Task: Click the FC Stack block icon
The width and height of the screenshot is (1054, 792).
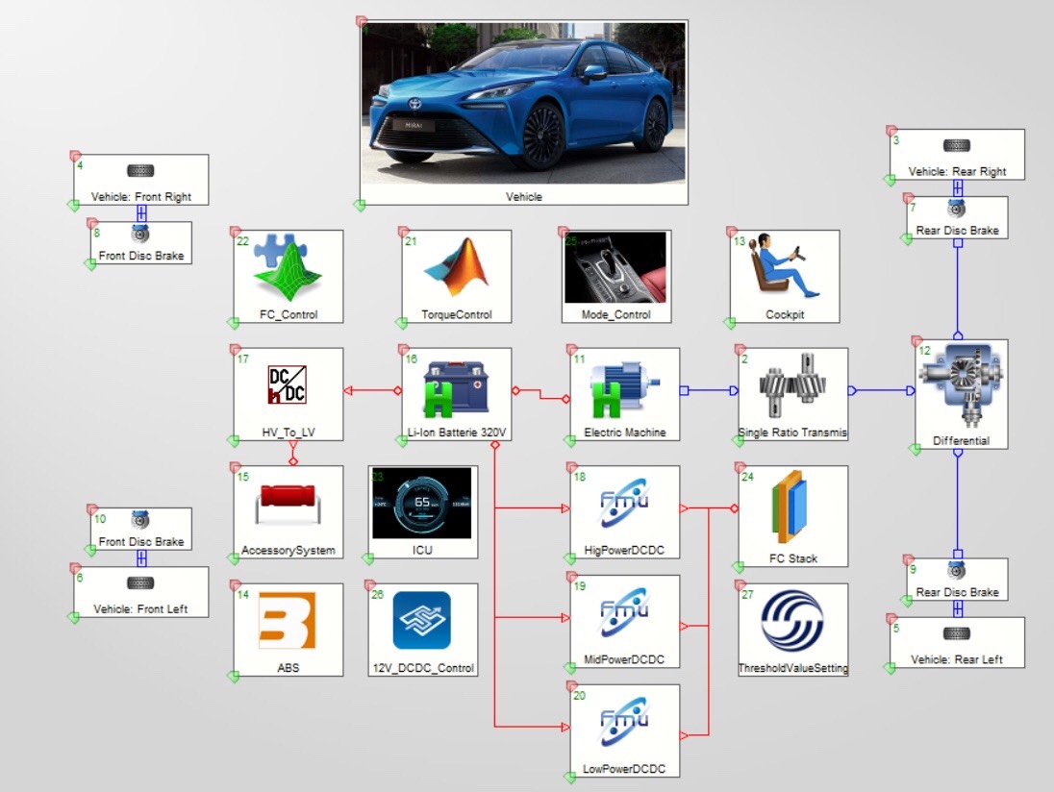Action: click(792, 508)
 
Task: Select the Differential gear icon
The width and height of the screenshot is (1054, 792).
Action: click(958, 389)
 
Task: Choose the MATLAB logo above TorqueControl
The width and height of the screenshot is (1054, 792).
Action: click(457, 268)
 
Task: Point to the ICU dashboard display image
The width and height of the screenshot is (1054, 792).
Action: click(422, 504)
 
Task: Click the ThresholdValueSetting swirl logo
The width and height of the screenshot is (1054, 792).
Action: click(792, 621)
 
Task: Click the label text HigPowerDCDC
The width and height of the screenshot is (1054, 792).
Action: click(624, 551)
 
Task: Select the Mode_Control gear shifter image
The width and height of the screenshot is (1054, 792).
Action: click(615, 266)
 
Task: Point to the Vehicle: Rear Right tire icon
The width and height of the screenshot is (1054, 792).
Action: click(956, 146)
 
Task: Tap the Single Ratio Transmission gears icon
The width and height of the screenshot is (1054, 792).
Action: click(792, 387)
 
